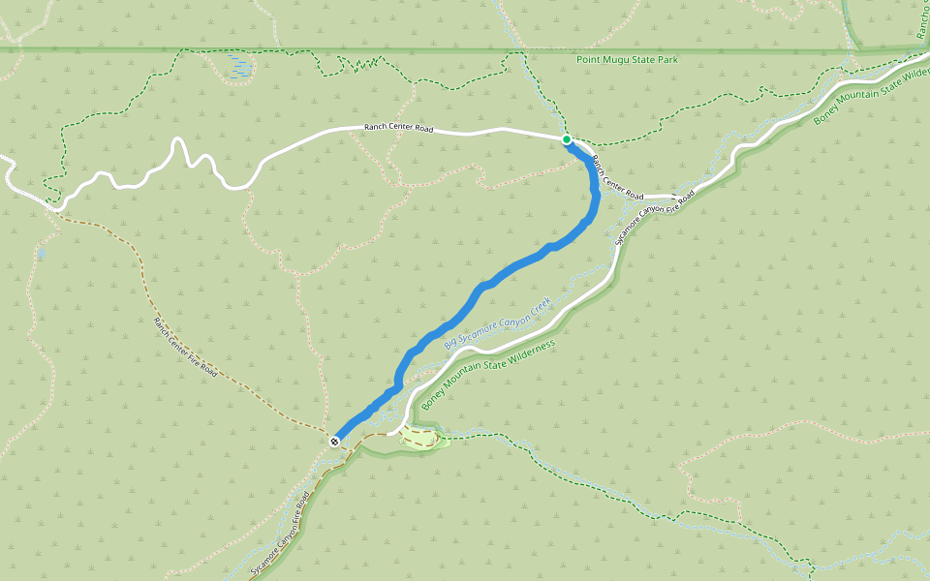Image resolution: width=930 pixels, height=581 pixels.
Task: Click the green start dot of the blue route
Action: click(x=567, y=139)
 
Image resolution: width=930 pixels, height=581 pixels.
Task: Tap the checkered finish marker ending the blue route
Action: click(x=334, y=442)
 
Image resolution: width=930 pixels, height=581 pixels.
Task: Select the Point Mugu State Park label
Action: click(x=627, y=60)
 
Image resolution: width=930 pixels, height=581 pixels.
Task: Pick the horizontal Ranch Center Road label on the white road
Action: click(x=398, y=128)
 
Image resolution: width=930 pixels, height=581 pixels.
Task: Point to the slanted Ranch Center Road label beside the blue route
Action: click(x=618, y=177)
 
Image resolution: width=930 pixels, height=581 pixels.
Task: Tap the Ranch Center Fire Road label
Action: click(x=185, y=345)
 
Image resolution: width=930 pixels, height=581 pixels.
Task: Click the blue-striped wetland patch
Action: click(x=238, y=66)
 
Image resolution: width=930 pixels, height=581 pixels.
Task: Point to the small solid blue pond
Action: click(x=41, y=255)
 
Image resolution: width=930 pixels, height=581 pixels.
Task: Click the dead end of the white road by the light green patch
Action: click(x=389, y=434)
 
